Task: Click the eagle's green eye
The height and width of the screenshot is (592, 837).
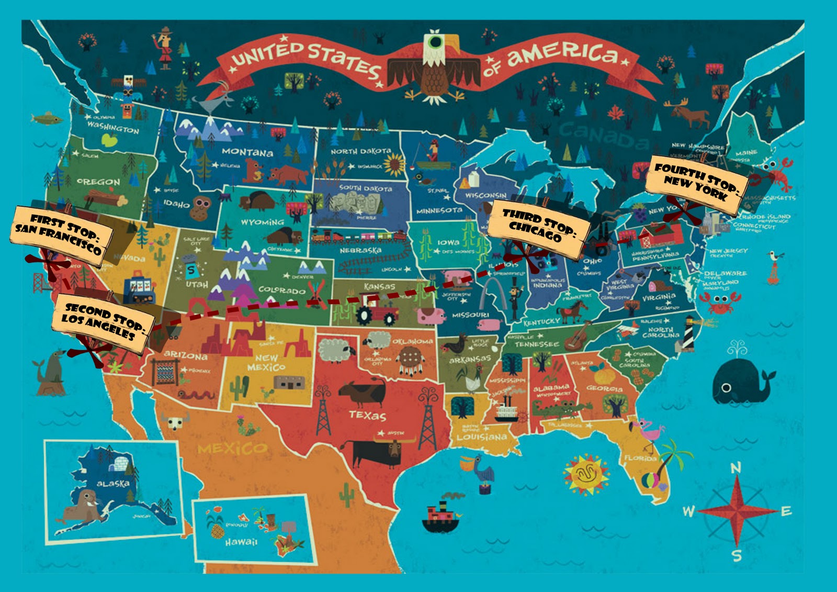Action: click(434, 41)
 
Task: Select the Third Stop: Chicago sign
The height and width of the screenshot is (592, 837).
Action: click(539, 227)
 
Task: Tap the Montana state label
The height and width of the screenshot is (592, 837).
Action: click(247, 152)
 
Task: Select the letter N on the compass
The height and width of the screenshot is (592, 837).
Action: click(736, 468)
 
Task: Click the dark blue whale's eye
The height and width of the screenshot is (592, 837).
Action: click(726, 388)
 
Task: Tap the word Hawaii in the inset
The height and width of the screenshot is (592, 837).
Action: click(241, 542)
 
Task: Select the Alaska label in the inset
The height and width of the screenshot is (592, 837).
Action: click(112, 483)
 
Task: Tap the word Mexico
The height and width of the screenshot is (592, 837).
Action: click(232, 448)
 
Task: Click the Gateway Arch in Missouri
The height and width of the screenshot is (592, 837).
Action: click(492, 296)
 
